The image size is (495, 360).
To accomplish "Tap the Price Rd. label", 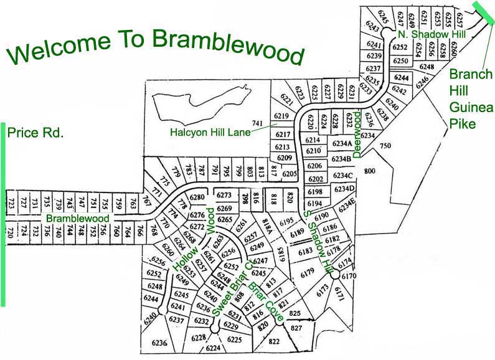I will pos(35,132).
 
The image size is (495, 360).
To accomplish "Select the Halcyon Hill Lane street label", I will pos(210,132).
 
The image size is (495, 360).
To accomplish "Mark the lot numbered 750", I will pos(384,146).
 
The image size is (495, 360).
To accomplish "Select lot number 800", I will pos(370,171).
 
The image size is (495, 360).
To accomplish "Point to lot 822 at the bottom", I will pos(274,342).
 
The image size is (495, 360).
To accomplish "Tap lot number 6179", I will pos(307,272).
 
